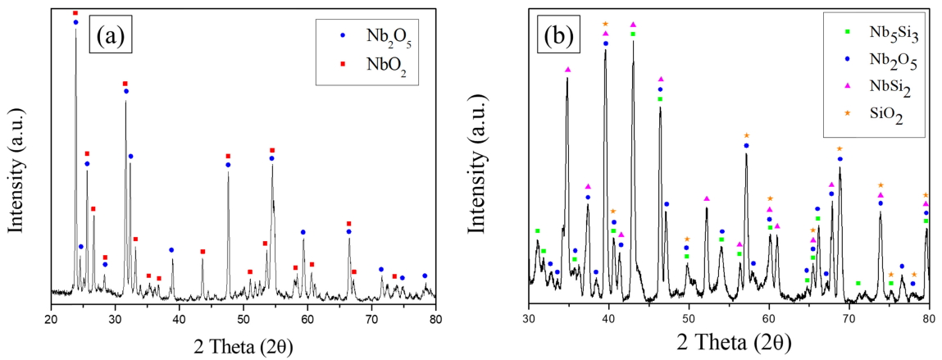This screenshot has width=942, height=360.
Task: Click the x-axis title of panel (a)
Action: pyautogui.click(x=243, y=342)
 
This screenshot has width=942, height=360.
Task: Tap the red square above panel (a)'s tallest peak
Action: pyautogui.click(x=75, y=13)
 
